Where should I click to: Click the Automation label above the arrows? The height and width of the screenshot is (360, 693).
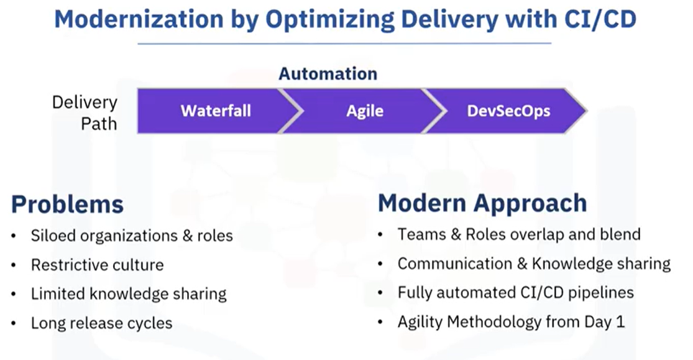point(328,73)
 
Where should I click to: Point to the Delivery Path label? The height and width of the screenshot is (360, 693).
point(85,113)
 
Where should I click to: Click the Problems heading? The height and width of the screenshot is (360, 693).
point(67,205)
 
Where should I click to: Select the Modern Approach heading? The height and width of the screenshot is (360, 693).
point(483,203)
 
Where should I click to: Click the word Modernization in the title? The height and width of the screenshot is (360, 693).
point(139,19)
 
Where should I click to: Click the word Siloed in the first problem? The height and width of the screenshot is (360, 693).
point(50,236)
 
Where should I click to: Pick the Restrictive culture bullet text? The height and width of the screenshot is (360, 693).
point(97,265)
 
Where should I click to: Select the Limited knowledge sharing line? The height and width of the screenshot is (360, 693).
point(129,294)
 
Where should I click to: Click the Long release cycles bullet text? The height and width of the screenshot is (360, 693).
point(102,323)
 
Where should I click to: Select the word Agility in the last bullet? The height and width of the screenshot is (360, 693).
point(420,322)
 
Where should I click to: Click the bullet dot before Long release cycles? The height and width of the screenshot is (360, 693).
point(14,324)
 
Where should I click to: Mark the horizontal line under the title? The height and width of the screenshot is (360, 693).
point(344,44)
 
